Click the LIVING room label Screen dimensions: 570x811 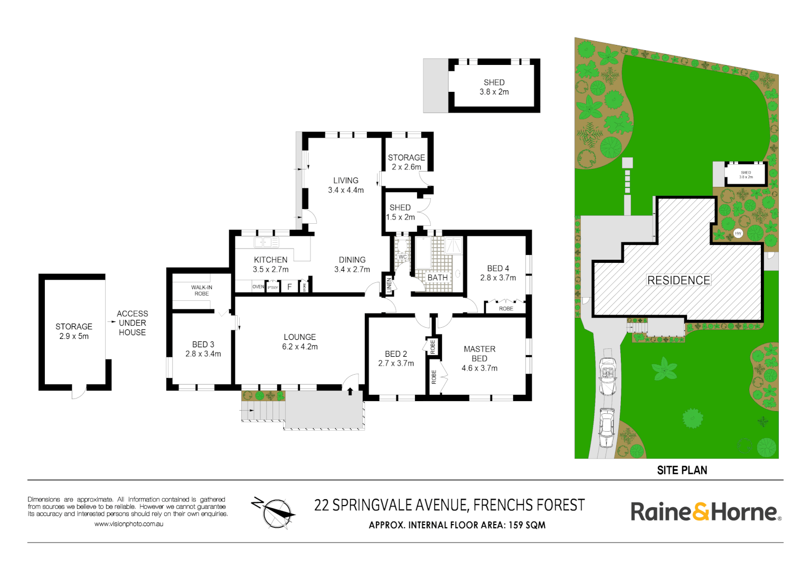(346, 180)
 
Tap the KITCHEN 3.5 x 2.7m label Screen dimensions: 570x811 (270, 264)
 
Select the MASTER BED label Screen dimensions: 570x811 (479, 354)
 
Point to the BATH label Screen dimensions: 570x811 (437, 278)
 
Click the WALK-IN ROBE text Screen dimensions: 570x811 (202, 290)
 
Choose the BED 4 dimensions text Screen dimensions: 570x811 (498, 278)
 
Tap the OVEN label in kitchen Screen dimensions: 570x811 (258, 287)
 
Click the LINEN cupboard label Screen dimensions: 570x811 (390, 286)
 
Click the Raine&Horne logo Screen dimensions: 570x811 (705, 511)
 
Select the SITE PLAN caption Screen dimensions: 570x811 (682, 470)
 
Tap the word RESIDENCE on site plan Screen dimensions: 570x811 (678, 280)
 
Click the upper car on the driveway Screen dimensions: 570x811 (608, 376)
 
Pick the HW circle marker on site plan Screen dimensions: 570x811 (738, 233)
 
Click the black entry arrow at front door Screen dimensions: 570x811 (350, 391)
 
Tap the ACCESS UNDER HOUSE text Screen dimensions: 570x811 (132, 323)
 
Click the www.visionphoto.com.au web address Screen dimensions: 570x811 (129, 524)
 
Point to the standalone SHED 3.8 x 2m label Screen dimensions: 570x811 (494, 87)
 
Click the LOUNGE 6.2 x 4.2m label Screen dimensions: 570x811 (300, 341)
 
